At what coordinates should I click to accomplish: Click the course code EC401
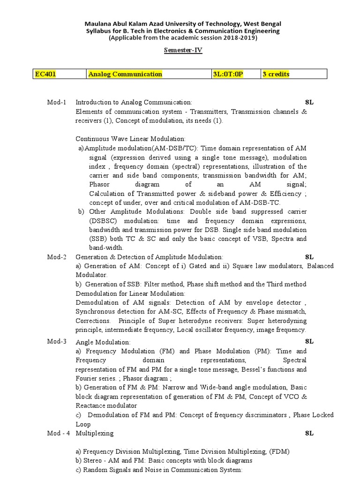(46, 74)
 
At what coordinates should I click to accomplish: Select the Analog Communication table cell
(125, 74)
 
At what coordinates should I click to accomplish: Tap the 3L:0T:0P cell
(228, 74)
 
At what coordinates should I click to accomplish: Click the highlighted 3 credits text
(276, 74)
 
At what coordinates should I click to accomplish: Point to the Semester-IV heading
(183, 50)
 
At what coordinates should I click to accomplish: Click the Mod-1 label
(57, 102)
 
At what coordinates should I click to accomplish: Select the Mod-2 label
(57, 257)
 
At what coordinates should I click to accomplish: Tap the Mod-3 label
(57, 341)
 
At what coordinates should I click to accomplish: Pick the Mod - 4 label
(59, 433)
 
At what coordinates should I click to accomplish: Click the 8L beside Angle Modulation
(309, 341)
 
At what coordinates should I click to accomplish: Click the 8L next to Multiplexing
(309, 433)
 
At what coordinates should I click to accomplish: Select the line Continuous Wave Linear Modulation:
(131, 139)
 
